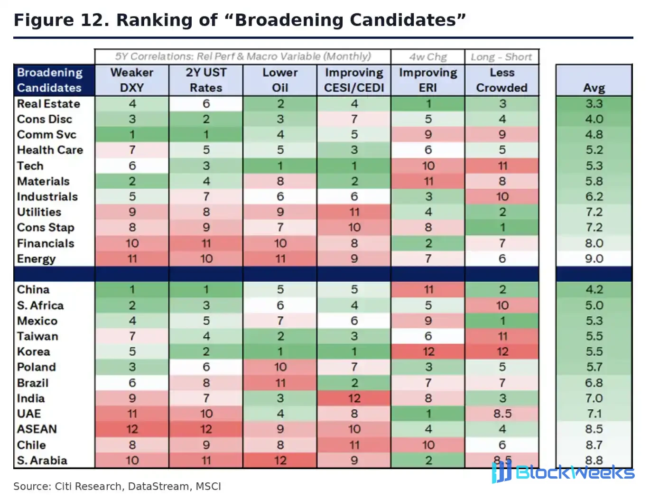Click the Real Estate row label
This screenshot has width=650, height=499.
[x=48, y=104]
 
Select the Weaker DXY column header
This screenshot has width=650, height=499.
[x=132, y=80]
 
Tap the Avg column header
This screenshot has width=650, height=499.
[x=594, y=88]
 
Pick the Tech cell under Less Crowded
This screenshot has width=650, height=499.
[x=502, y=166]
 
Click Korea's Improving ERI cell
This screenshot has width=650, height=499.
[x=428, y=351]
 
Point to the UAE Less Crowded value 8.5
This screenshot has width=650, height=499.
[x=502, y=414]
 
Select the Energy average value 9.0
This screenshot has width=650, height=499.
[x=594, y=259]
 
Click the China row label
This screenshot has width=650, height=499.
[x=29, y=289]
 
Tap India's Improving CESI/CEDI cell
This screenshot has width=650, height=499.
[x=354, y=398]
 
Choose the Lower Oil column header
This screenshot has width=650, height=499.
[x=280, y=80]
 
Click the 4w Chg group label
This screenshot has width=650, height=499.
[x=428, y=57]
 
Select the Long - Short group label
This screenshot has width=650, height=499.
[x=501, y=57]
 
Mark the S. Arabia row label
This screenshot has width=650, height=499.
[x=42, y=461]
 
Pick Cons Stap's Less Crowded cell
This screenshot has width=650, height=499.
[x=502, y=228]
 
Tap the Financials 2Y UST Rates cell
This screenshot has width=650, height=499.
[x=206, y=243]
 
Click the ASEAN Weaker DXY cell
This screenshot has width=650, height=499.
[x=132, y=429]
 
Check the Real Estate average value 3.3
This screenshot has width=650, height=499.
[x=594, y=104]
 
